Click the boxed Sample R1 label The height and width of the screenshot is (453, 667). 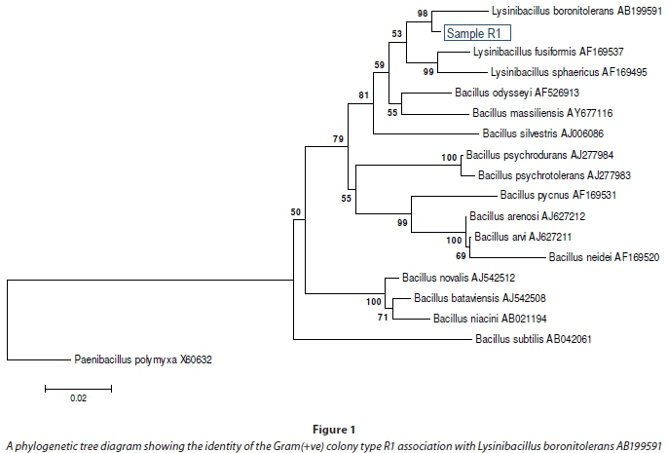[x=475, y=32]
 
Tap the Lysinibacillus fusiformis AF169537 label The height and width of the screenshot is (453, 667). [x=539, y=52]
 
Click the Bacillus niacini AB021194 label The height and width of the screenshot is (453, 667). [x=483, y=318]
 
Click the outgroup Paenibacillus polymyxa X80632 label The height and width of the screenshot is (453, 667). [x=143, y=359]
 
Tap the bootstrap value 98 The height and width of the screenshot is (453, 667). [x=423, y=13]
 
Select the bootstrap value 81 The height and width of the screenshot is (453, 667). [x=363, y=95]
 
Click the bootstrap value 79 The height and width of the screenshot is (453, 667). [x=339, y=139]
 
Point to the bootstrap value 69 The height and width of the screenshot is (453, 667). [x=462, y=255]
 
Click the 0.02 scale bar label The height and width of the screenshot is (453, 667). [x=77, y=397]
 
